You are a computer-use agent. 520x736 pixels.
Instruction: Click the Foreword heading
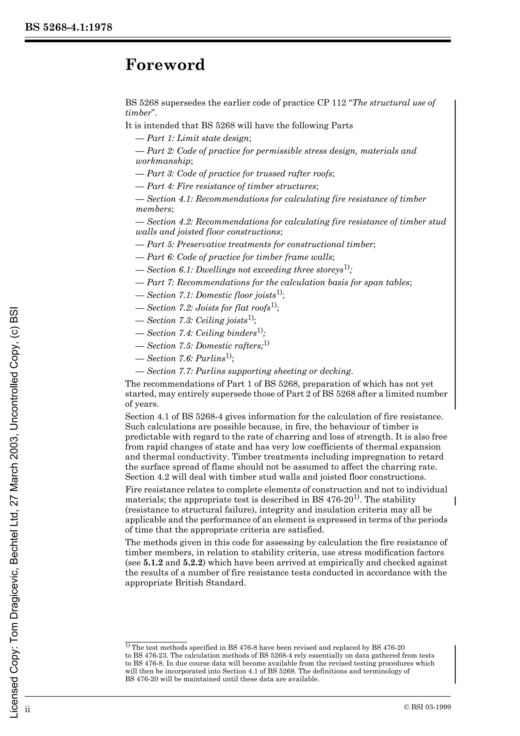(x=165, y=65)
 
